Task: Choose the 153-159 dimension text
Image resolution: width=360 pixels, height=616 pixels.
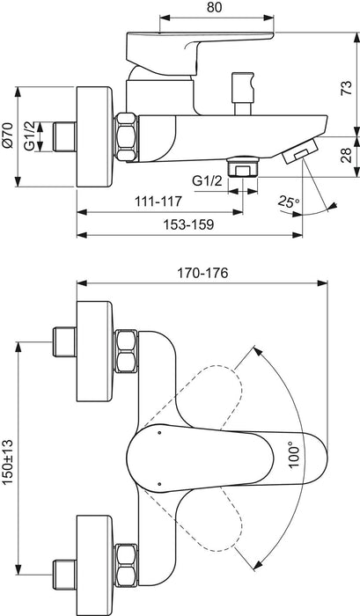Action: pyautogui.click(x=187, y=224)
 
